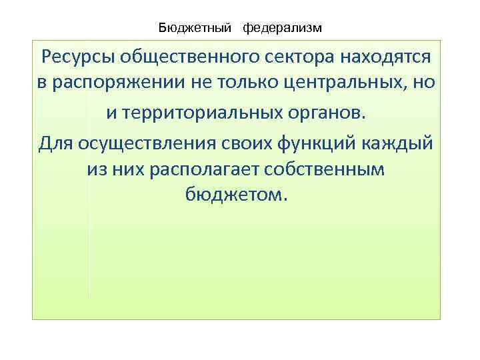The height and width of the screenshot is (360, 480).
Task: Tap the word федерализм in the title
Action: [x=282, y=28]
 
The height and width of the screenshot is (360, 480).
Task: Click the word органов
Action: [x=328, y=113]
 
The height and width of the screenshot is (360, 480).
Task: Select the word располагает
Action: [x=207, y=170]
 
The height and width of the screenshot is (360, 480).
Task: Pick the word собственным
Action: [x=329, y=170]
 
